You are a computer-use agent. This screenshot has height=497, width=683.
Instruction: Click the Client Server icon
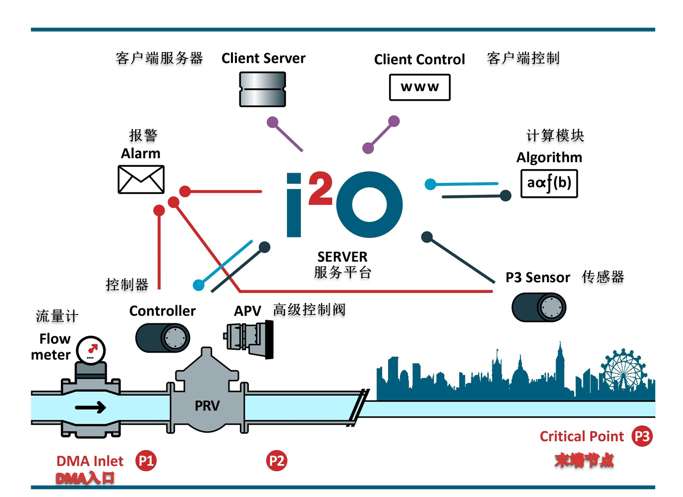point(263,89)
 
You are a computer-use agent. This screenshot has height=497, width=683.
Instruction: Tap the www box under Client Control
point(420,87)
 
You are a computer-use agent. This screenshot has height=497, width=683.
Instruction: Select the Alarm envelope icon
point(141,180)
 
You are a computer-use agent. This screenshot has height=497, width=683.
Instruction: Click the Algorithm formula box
point(549,184)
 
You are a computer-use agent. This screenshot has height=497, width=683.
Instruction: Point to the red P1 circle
point(146,461)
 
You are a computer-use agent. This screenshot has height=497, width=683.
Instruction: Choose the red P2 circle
point(277,461)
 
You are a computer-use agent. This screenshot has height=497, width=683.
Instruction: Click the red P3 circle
point(642,436)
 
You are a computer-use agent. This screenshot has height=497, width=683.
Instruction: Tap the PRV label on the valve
point(207,406)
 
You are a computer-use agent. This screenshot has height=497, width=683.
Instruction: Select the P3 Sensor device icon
point(539,308)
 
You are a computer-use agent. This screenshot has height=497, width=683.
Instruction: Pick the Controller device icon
point(163,338)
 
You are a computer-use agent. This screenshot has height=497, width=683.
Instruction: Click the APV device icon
point(249,338)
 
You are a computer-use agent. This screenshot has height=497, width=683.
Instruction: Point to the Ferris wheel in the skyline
point(623,372)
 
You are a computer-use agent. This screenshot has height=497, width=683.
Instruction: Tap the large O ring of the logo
point(369,204)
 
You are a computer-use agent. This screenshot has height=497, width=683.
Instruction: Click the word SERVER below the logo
point(342,257)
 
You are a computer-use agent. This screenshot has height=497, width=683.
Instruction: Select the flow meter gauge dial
point(92,350)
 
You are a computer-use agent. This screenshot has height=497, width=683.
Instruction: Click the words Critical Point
point(581,436)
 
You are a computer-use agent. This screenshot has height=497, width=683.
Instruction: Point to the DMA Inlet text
point(90,461)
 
